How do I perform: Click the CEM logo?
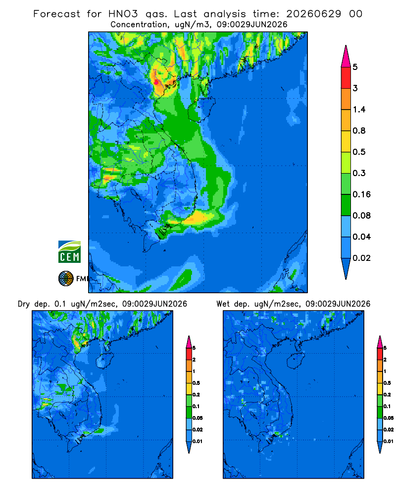(x=69, y=251)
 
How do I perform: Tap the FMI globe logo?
(x=66, y=279)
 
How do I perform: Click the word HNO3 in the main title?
(x=123, y=14)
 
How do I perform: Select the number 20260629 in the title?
(x=313, y=14)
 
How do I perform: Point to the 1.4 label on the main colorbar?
(x=359, y=110)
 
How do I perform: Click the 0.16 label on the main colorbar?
(x=361, y=194)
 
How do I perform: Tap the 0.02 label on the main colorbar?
(x=361, y=258)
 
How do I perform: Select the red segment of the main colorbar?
(x=346, y=78)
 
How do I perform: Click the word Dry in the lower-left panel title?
(x=24, y=305)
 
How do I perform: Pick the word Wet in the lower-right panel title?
(x=223, y=304)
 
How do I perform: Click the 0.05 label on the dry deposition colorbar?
(x=198, y=418)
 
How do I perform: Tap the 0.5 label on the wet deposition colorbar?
(x=387, y=383)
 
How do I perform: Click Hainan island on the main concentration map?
(x=201, y=110)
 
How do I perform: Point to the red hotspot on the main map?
(x=156, y=82)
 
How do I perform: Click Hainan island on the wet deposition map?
(x=297, y=360)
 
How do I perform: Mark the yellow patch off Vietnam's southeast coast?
(x=198, y=218)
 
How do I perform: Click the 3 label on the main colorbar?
(x=355, y=88)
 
